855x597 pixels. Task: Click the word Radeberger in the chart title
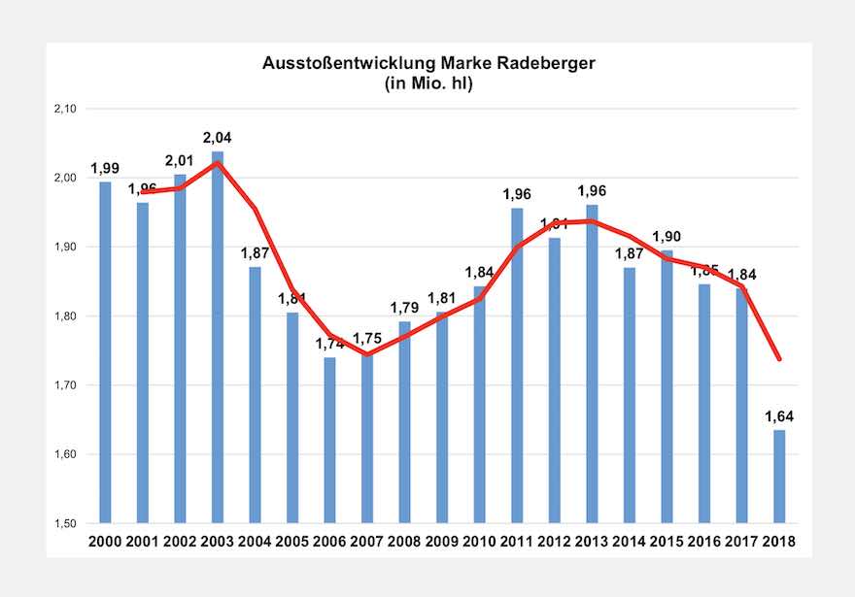tap(541, 64)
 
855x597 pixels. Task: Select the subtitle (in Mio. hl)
tap(427, 83)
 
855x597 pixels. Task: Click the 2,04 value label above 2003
tap(218, 138)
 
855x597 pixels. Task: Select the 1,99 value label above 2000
tap(105, 168)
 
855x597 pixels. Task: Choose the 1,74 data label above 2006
tap(330, 344)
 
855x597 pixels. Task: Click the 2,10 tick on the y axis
tap(64, 109)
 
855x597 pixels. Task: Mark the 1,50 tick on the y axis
tap(64, 523)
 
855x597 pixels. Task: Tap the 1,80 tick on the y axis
tap(64, 316)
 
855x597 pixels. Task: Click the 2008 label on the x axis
tap(404, 541)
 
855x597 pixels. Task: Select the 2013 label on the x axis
tap(592, 541)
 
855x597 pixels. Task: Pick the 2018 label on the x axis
tap(779, 541)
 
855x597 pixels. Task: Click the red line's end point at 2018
tap(779, 359)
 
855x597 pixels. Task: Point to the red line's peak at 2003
tap(218, 163)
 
